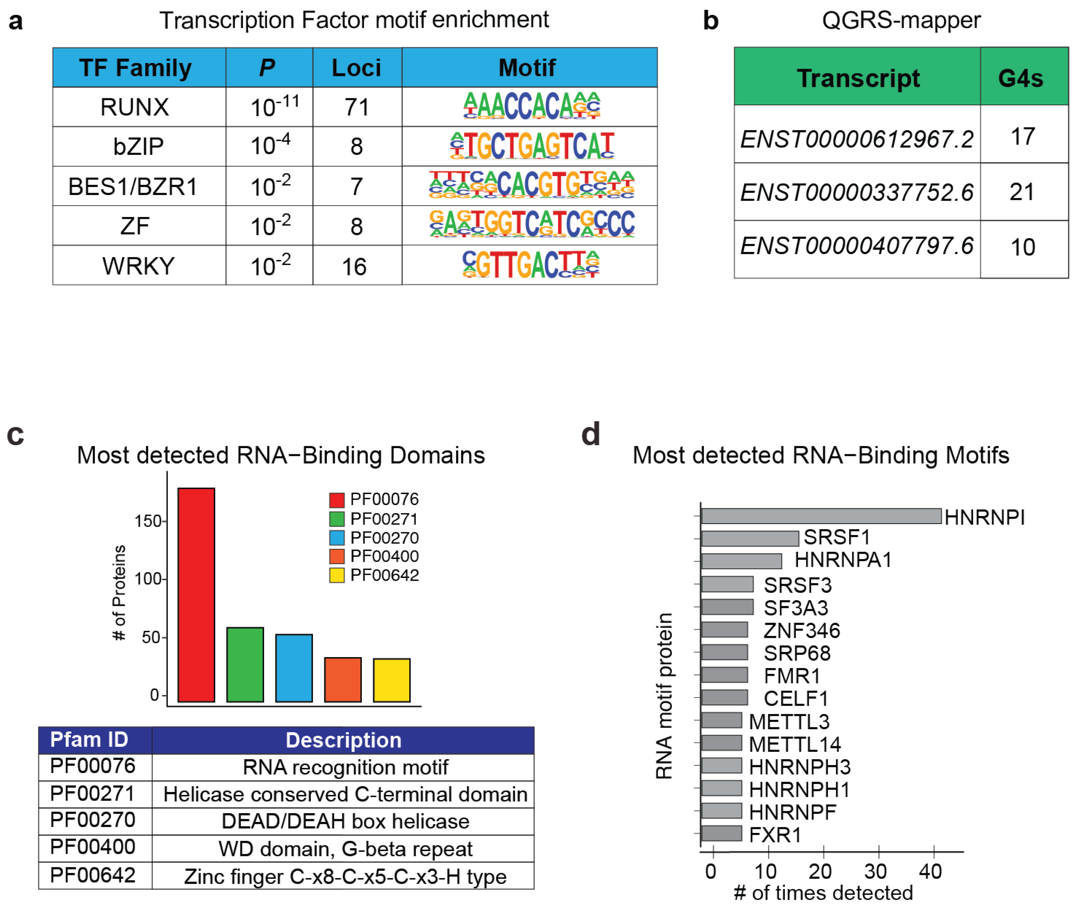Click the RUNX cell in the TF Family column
[x=134, y=107]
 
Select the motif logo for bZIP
[x=532, y=146]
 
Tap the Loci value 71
[x=357, y=107]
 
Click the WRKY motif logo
[x=531, y=265]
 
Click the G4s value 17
[x=1023, y=136]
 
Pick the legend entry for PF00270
[x=374, y=538]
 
